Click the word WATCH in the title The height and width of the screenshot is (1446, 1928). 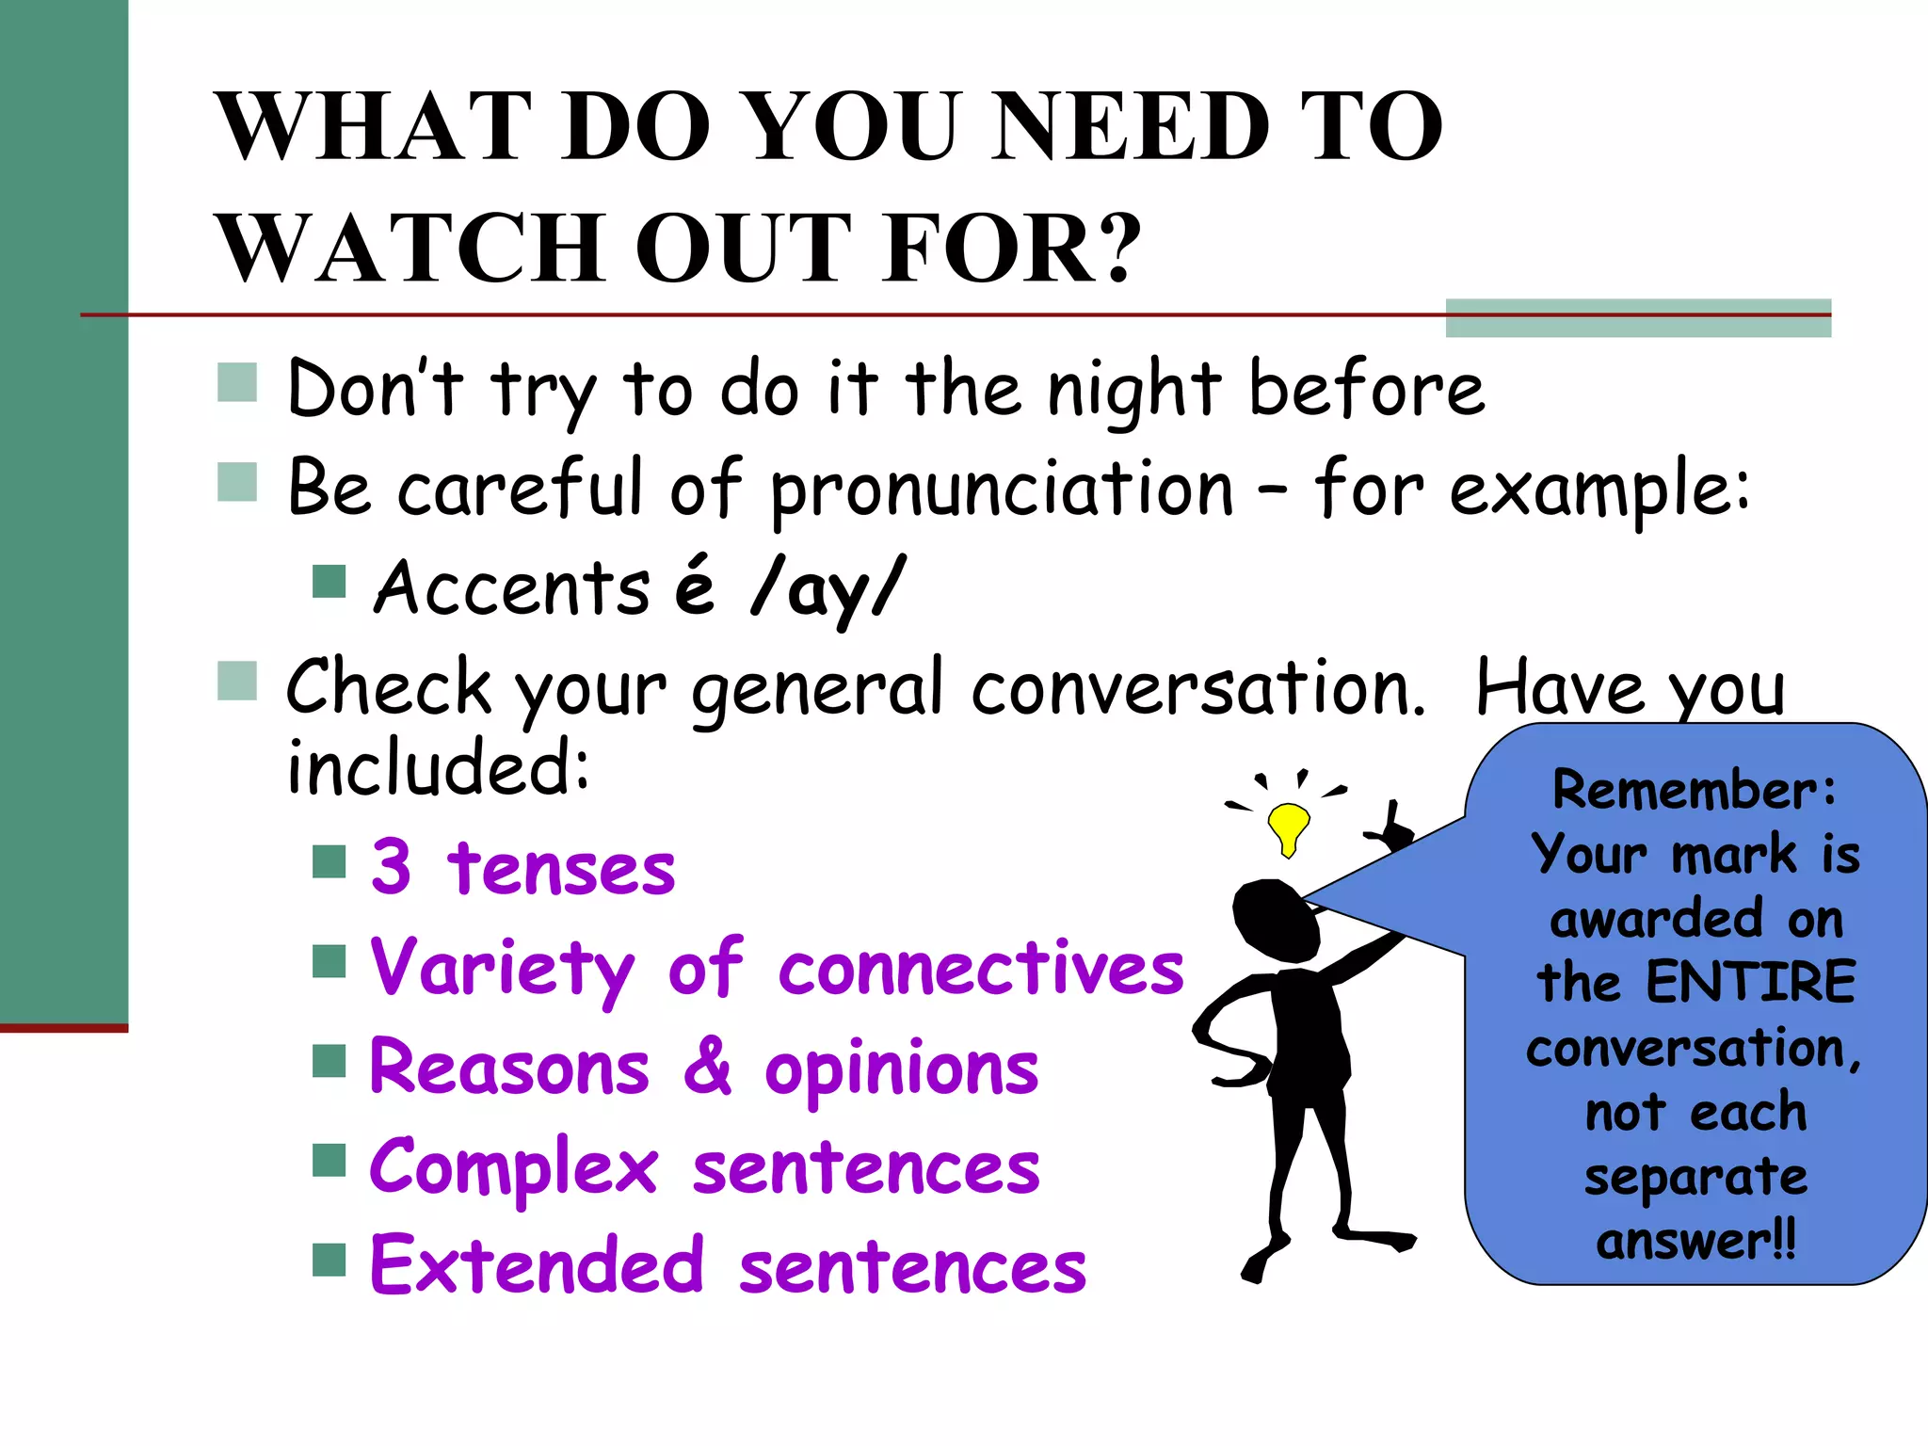point(410,248)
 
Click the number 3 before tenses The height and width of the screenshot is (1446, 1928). point(392,867)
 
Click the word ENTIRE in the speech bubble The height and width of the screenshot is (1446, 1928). point(1751,983)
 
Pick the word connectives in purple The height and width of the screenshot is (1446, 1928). point(981,969)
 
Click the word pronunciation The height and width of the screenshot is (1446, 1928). point(1001,490)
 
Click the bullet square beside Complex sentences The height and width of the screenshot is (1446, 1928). point(329,1160)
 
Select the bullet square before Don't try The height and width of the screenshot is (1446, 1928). point(237,382)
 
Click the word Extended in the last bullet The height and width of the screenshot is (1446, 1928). point(538,1266)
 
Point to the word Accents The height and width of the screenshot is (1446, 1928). point(511,588)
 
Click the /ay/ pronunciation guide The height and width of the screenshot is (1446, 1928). point(827,588)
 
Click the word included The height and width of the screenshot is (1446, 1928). point(438,767)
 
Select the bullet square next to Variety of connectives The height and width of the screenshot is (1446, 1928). point(329,961)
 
